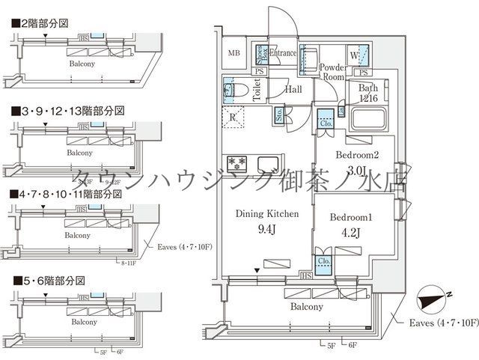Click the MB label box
click(234, 53)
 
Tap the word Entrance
click(284, 53)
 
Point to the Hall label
click(293, 89)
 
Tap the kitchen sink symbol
click(268, 163)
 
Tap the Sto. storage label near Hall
click(279, 115)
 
